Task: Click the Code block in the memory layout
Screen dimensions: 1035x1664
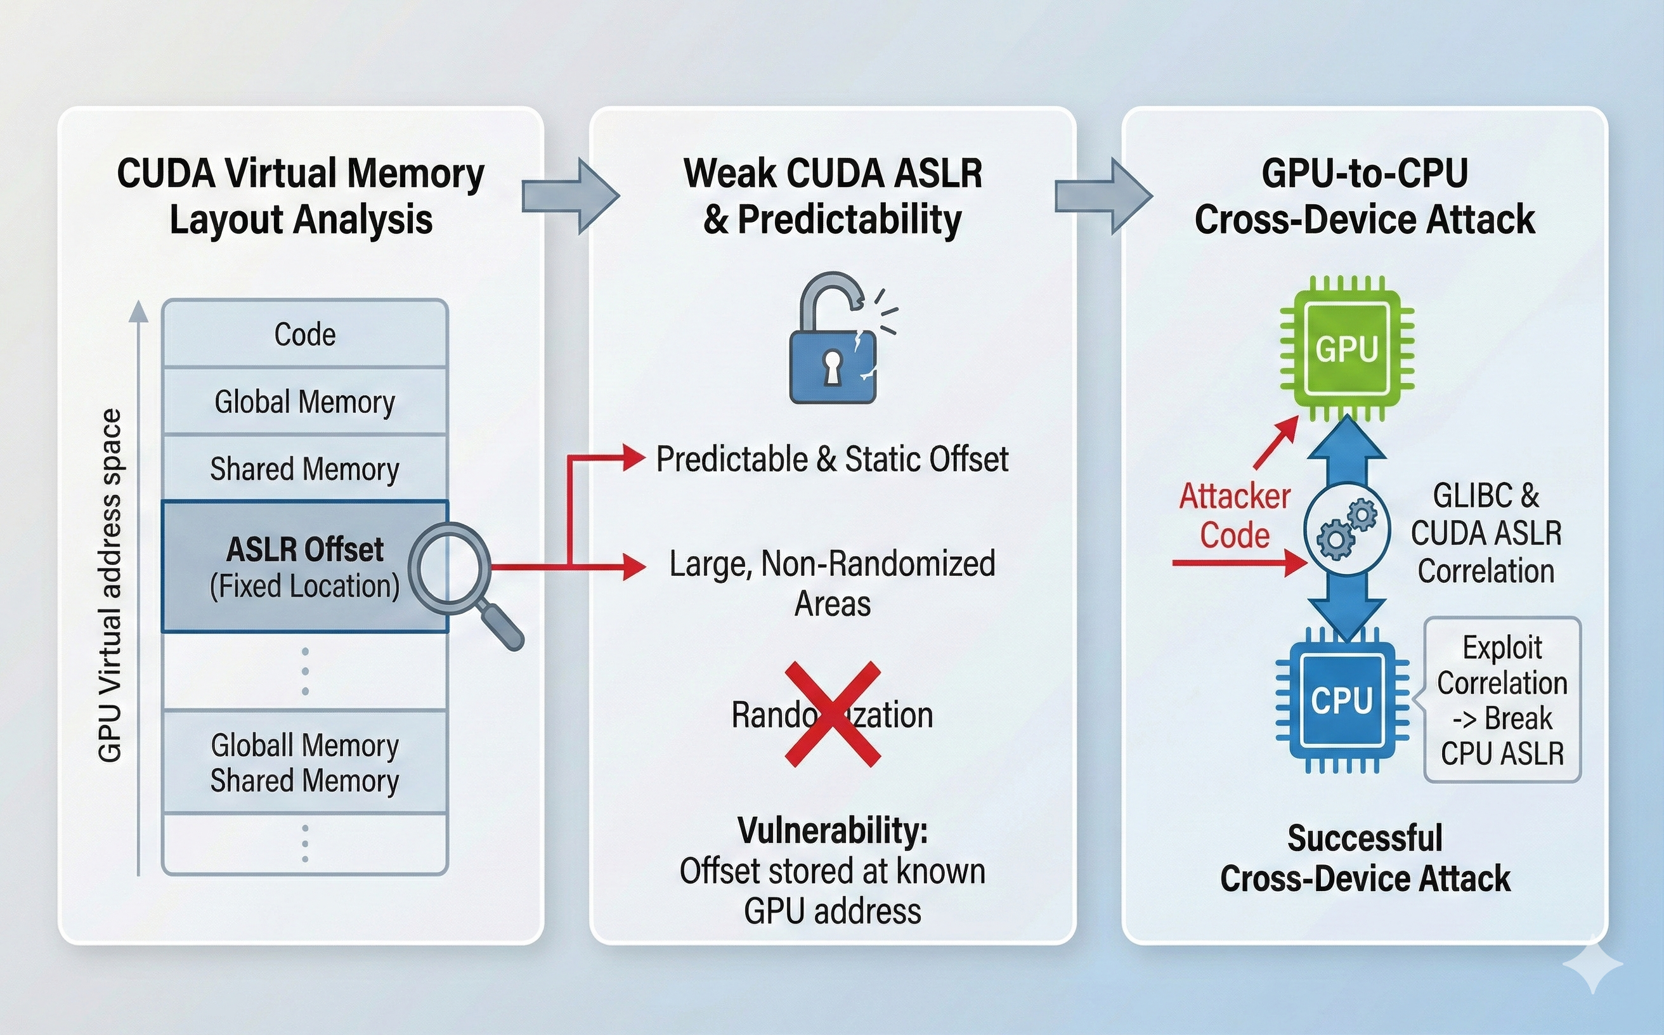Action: point(304,334)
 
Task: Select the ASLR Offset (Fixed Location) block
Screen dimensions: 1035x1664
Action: point(304,567)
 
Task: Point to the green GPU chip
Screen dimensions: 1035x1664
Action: point(1346,349)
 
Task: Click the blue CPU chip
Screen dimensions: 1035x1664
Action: point(1342,700)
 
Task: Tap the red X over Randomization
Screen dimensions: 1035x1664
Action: point(833,714)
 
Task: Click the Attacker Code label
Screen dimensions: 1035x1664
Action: point(1234,515)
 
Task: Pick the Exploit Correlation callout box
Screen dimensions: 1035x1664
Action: point(1502,700)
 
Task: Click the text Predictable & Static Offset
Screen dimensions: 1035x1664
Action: point(831,459)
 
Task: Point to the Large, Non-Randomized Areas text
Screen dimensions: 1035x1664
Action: point(831,583)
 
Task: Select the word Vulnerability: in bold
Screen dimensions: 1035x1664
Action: point(833,830)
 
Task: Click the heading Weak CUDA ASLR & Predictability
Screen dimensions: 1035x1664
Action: point(833,196)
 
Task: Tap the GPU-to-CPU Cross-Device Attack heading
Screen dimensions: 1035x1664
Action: point(1364,196)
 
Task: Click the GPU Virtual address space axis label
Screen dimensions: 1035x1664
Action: point(110,585)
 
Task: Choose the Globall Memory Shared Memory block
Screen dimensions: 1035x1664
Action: point(304,762)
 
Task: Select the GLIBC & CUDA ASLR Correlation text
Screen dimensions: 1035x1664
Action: point(1485,533)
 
